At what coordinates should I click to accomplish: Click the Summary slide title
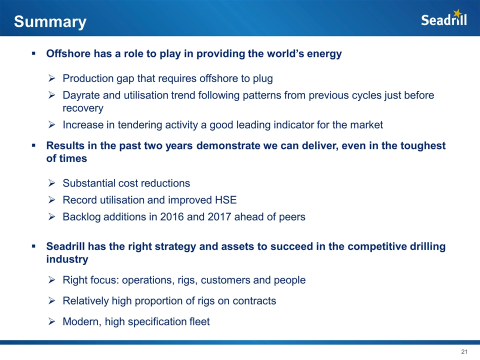tap(50, 22)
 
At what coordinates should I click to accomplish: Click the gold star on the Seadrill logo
tap(457, 13)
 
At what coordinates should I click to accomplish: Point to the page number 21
tap(464, 351)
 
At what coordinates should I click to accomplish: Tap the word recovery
tap(83, 108)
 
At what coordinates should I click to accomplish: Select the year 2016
tap(171, 216)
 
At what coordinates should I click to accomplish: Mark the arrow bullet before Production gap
tap(51, 78)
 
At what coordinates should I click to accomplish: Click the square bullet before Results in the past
tap(33, 145)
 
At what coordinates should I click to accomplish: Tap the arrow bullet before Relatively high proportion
tap(51, 301)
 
